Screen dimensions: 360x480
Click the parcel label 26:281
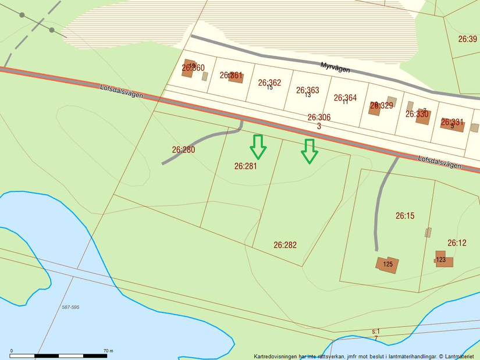pos(246,166)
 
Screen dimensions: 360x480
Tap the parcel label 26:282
pos(285,245)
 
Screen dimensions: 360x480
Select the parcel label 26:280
pos(183,149)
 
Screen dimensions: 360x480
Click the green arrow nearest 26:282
pos(309,151)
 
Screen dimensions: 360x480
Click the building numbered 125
pos(387,264)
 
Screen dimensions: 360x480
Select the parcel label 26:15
pos(405,216)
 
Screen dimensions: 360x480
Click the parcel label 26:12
pos(457,243)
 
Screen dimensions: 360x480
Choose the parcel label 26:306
pos(319,117)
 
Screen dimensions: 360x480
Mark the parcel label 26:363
pos(307,90)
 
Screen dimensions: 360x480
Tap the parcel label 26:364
pos(345,98)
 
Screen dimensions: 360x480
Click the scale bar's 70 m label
pos(108,351)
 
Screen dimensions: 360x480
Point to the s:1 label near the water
pos(376,331)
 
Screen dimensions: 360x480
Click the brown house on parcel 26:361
pos(235,76)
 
